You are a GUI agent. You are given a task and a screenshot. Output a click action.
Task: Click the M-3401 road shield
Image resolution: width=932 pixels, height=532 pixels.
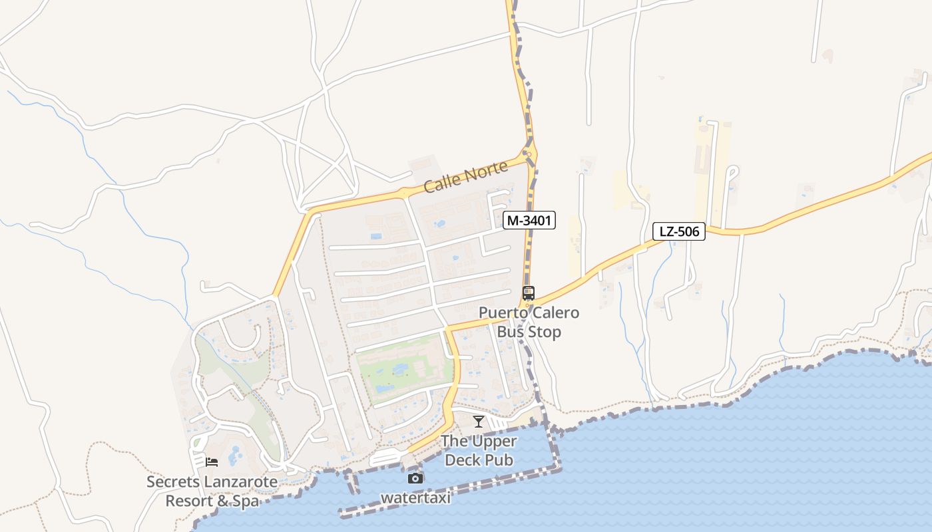tap(529, 220)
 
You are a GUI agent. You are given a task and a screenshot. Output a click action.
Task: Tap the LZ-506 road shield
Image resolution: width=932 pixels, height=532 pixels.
tap(678, 231)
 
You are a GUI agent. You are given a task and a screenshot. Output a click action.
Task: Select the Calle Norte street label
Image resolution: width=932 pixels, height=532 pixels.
tap(466, 178)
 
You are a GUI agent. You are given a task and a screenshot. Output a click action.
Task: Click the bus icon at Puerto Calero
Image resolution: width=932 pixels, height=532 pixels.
tap(529, 293)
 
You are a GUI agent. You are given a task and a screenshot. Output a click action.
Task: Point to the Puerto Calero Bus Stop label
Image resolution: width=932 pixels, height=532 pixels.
tap(529, 322)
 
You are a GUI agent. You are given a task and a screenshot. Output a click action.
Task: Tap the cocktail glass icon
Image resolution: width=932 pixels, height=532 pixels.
tap(478, 421)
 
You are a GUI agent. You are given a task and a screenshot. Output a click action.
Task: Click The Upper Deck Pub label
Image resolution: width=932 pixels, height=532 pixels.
tap(479, 450)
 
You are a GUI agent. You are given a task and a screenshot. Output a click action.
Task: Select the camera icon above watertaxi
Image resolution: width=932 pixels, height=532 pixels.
tap(415, 478)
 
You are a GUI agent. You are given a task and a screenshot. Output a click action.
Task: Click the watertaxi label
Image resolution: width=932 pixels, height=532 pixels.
tap(415, 497)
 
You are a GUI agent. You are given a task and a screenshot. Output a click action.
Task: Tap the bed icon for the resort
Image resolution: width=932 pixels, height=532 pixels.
tap(212, 462)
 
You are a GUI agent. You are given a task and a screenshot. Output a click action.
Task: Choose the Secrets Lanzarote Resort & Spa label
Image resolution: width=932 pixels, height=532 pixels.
tap(212, 491)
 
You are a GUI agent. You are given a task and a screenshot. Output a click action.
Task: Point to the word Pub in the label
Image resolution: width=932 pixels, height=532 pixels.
tap(500, 460)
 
